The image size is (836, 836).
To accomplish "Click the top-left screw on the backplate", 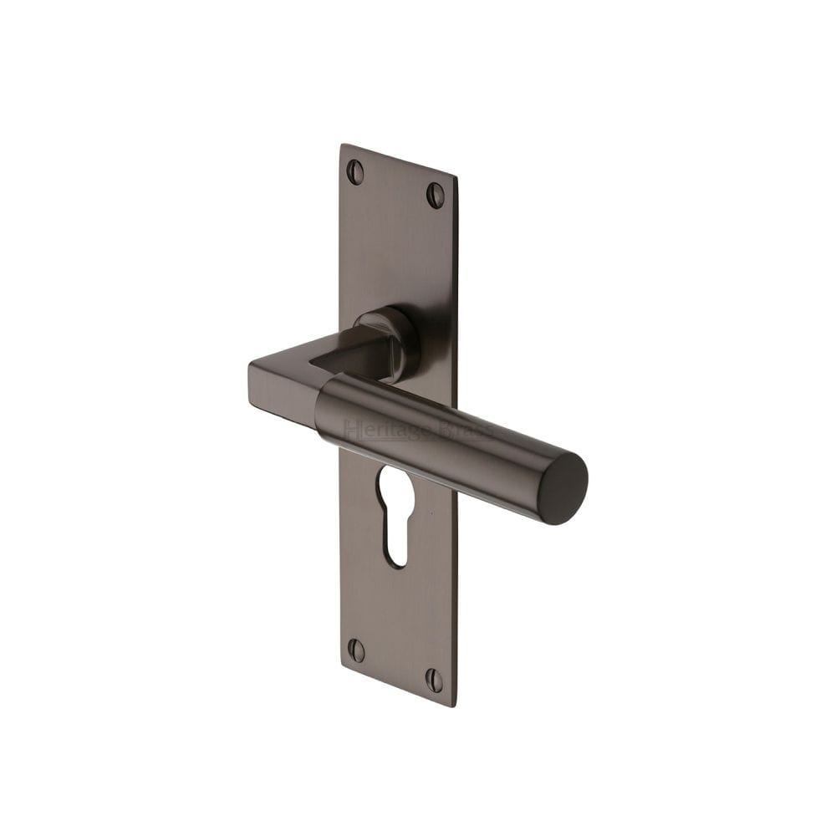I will pos(355,171).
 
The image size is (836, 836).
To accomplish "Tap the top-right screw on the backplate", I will pos(436,196).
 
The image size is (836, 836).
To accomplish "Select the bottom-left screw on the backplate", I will pos(356,650).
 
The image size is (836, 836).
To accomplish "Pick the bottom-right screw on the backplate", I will pos(434,680).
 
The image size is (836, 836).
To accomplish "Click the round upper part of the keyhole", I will pos(395,487).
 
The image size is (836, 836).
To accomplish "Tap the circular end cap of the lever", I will pos(562,489).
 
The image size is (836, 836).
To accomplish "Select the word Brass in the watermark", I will pos(465,431).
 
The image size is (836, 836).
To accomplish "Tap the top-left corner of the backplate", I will pos(341,146).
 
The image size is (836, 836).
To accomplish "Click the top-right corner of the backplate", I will pos(456,178).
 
